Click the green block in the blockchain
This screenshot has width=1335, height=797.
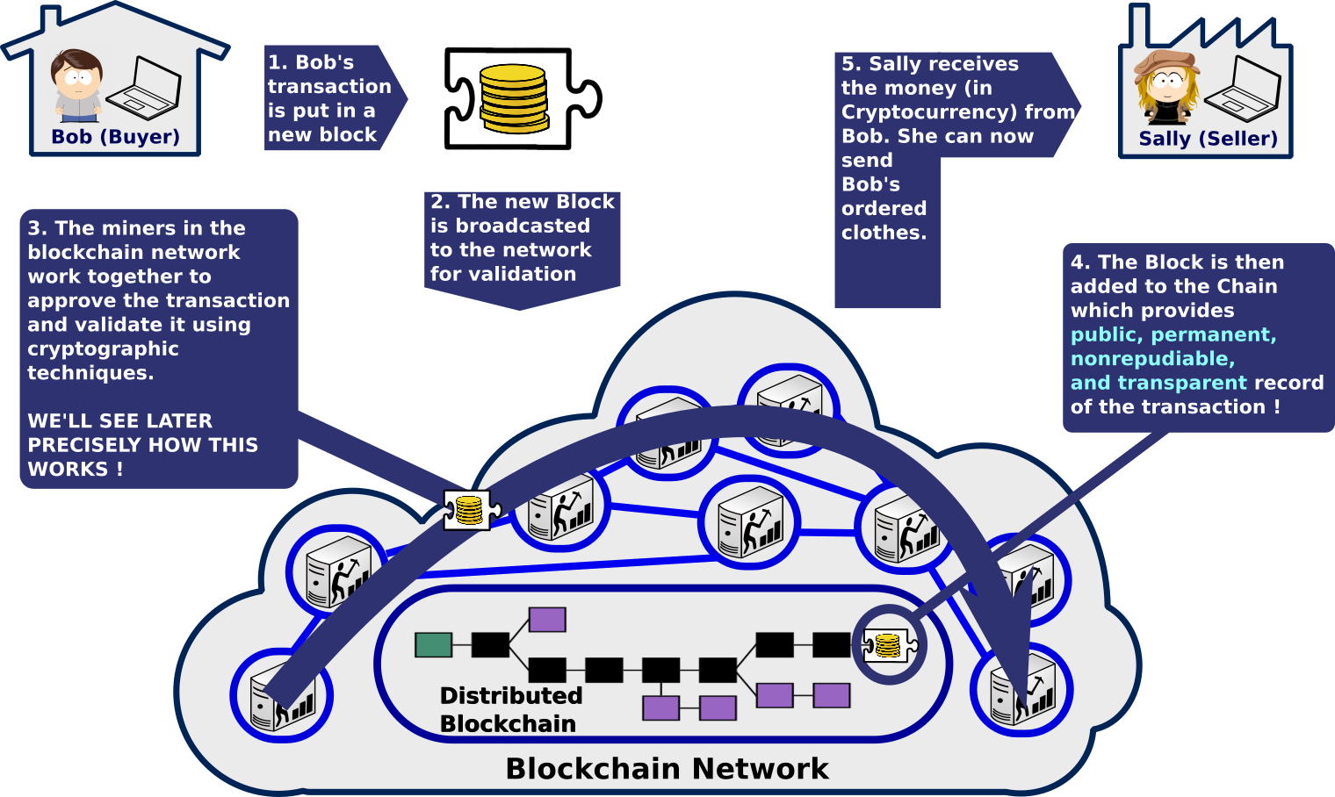tap(433, 645)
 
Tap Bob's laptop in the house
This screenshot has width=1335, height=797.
tap(155, 88)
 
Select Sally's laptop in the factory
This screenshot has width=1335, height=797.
tap(1242, 88)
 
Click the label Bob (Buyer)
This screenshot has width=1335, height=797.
tap(115, 137)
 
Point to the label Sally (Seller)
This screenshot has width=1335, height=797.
tap(1208, 139)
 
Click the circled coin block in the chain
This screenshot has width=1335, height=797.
tap(889, 646)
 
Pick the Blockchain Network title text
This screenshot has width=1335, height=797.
tap(667, 769)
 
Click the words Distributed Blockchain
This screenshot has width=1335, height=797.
tap(510, 709)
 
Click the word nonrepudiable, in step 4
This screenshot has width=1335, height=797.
tap(1152, 359)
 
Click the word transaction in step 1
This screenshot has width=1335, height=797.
tap(329, 87)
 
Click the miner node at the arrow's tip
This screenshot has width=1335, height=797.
tap(1021, 689)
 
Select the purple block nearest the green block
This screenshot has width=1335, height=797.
tap(547, 620)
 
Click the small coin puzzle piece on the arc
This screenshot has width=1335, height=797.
tap(470, 510)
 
